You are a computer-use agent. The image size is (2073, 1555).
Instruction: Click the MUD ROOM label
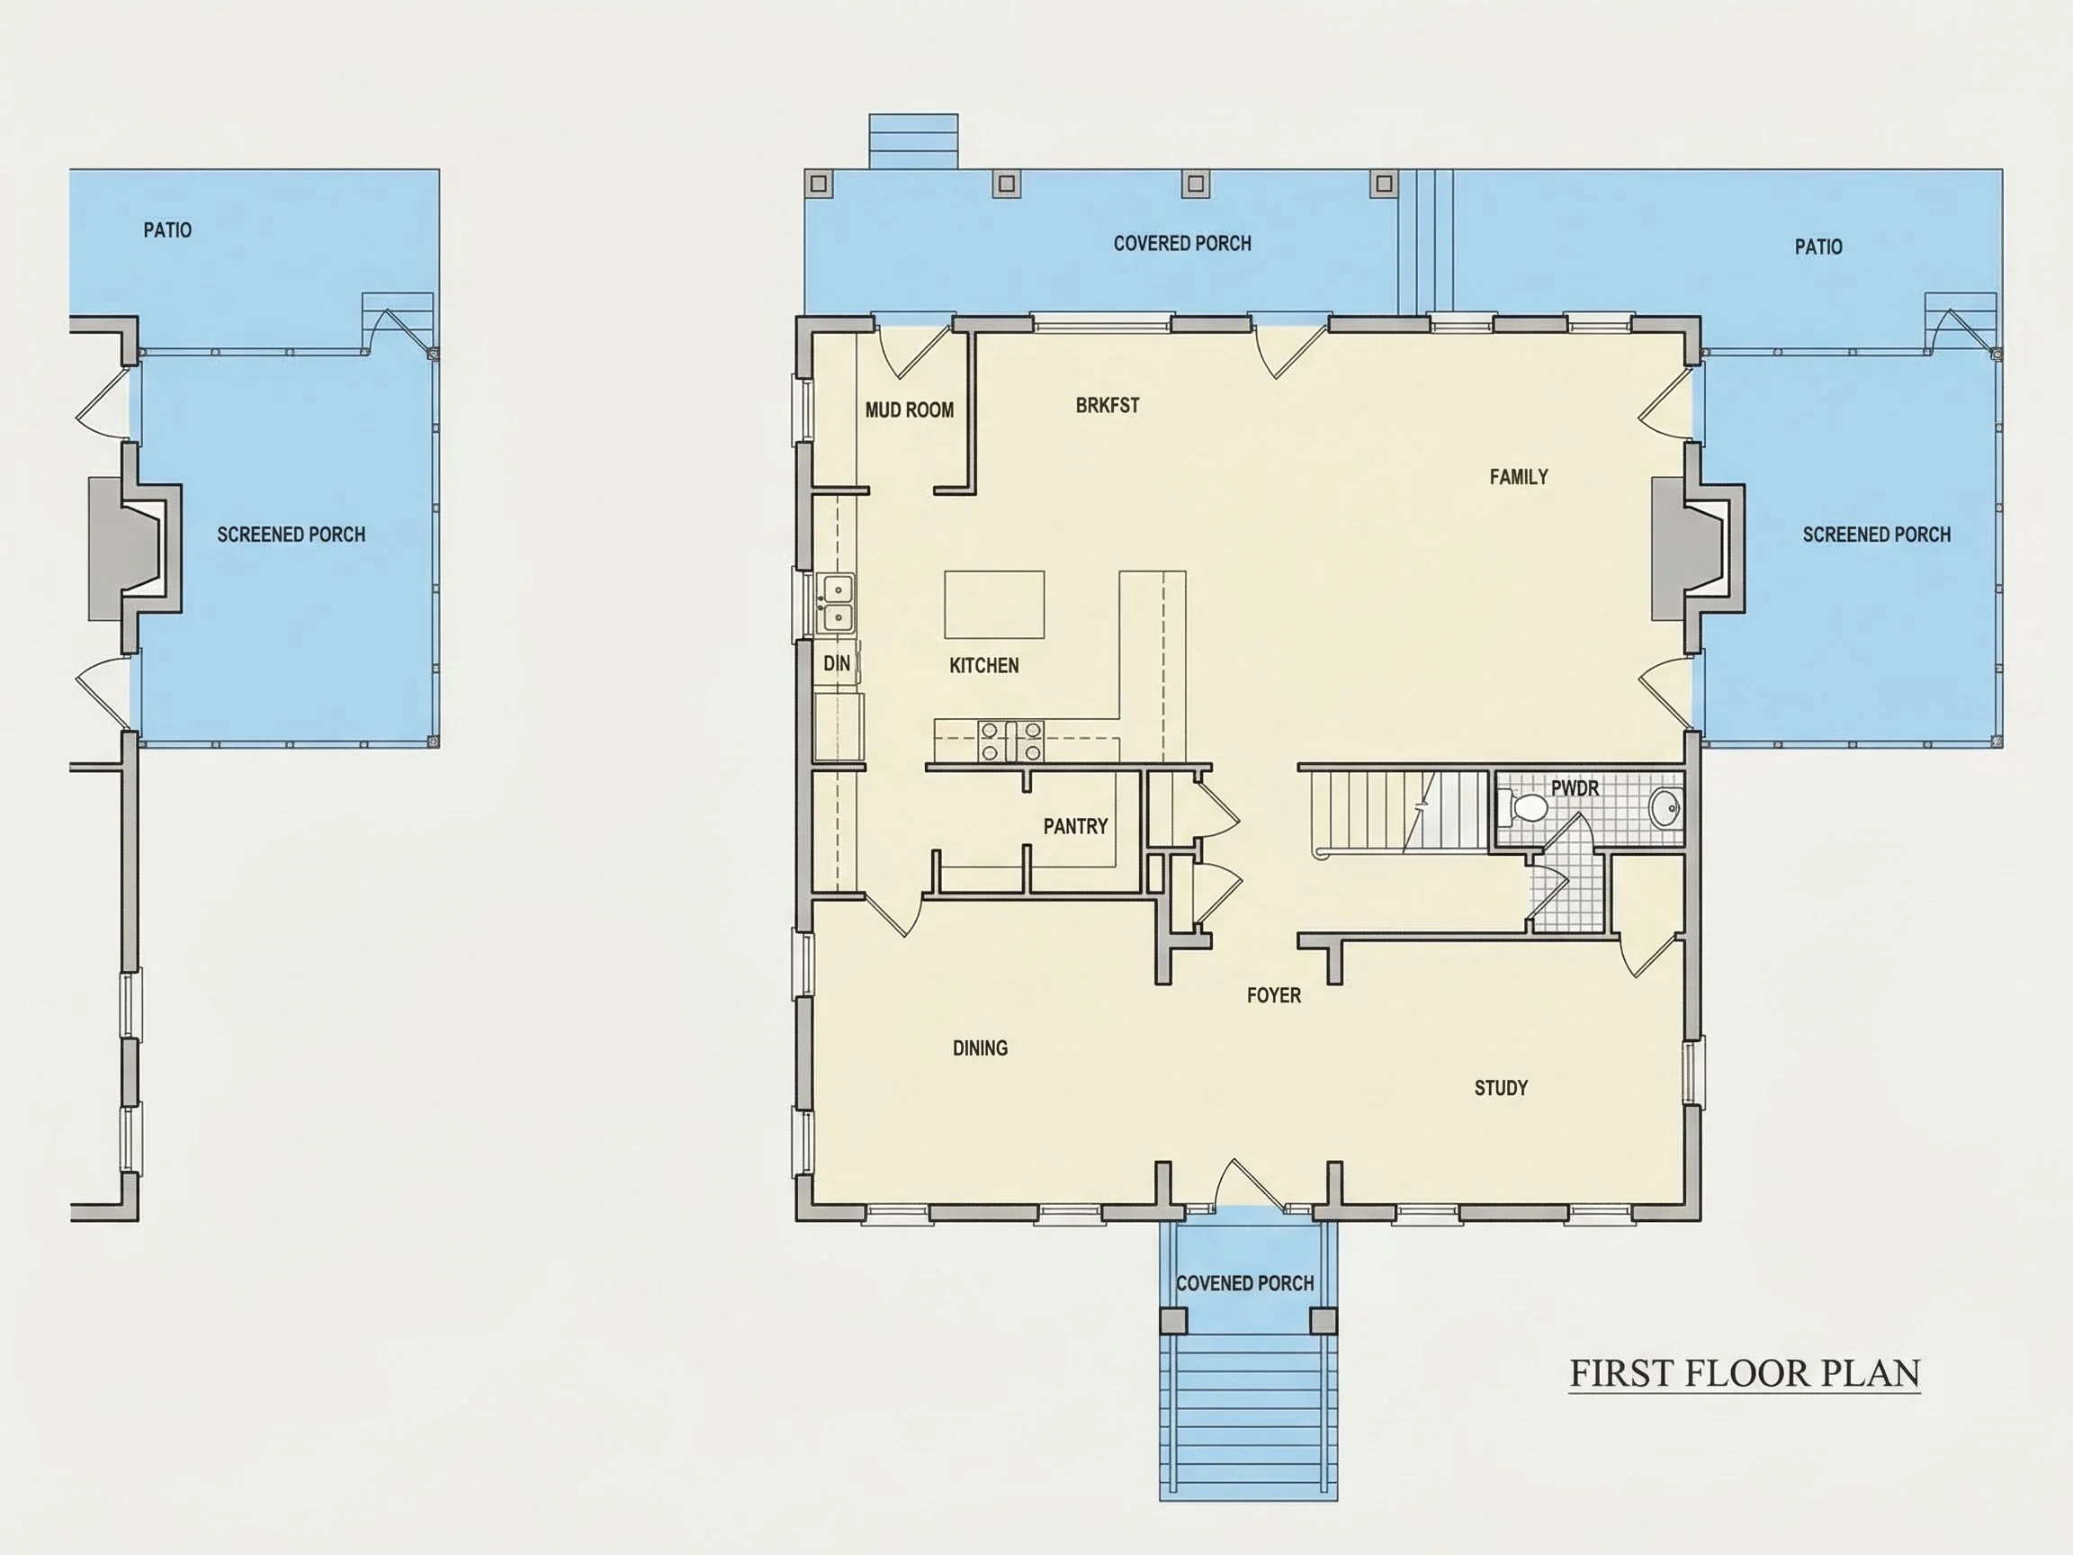pyautogui.click(x=909, y=409)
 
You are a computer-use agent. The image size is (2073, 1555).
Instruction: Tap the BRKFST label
pyautogui.click(x=1107, y=405)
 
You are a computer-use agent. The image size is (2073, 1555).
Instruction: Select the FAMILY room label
pyautogui.click(x=1518, y=476)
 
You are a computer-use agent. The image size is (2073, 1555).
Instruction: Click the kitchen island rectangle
pyautogui.click(x=993, y=605)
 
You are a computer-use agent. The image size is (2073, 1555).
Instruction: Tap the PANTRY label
pyautogui.click(x=1075, y=826)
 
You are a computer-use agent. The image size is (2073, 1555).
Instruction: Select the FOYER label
pyautogui.click(x=1274, y=994)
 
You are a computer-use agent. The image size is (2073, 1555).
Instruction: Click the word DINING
pyautogui.click(x=981, y=1047)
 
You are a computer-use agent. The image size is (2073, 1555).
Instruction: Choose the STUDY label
pyautogui.click(x=1501, y=1087)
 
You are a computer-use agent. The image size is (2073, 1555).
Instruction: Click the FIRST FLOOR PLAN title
pyautogui.click(x=1744, y=1373)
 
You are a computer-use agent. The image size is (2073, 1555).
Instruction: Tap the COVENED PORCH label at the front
pyautogui.click(x=1244, y=1282)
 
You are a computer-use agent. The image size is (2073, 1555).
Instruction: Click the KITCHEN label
pyautogui.click(x=983, y=664)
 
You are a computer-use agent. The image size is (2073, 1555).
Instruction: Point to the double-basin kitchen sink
pyautogui.click(x=835, y=603)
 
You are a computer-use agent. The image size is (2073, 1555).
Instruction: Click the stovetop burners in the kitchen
pyautogui.click(x=1011, y=741)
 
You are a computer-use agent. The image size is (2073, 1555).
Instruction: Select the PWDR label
pyautogui.click(x=1575, y=788)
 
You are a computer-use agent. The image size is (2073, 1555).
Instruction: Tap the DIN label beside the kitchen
pyautogui.click(x=836, y=662)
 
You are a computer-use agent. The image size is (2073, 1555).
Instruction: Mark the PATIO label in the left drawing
pyautogui.click(x=166, y=229)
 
